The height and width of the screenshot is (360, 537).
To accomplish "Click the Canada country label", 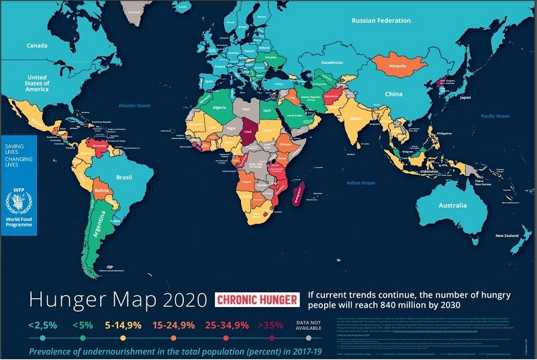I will pyautogui.click(x=36, y=46).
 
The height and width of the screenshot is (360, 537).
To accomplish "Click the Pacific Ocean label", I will pyautogui.click(x=496, y=116).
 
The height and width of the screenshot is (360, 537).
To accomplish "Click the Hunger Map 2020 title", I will pyautogui.click(x=117, y=300).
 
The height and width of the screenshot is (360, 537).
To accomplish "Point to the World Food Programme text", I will pyautogui.click(x=18, y=222).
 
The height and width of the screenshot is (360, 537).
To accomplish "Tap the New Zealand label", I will pyautogui.click(x=508, y=236).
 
